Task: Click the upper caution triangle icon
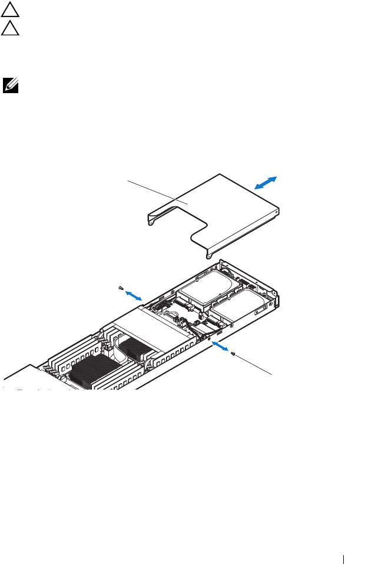(9, 11)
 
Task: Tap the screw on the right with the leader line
(233, 354)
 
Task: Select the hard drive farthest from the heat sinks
(209, 288)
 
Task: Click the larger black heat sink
(88, 371)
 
